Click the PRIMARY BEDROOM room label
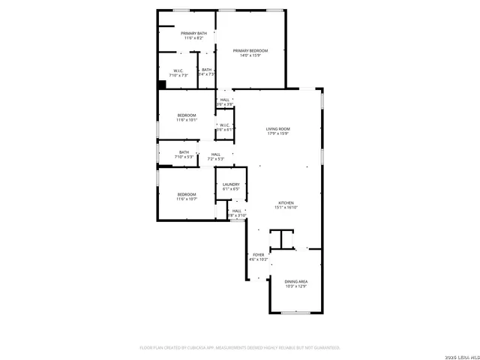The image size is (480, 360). click(250, 50)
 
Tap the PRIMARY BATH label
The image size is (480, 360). click(193, 34)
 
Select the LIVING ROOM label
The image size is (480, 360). click(277, 129)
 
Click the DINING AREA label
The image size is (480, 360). click(295, 281)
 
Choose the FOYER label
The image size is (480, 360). click(259, 255)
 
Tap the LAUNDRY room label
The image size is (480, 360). click(230, 184)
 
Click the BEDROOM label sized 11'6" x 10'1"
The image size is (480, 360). click(186, 115)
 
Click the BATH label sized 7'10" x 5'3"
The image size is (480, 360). click(184, 152)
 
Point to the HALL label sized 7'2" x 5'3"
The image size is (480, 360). click(215, 154)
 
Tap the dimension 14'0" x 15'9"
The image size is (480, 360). click(250, 55)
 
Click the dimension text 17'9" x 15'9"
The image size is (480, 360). click(277, 134)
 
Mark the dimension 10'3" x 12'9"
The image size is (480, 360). click(295, 286)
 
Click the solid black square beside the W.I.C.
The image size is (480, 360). click(161, 85)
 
